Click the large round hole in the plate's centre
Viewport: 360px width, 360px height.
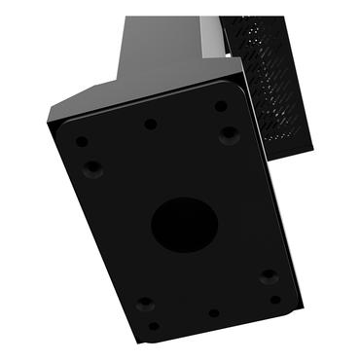pyautogui.click(x=184, y=224)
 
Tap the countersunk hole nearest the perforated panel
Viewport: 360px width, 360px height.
pyautogui.click(x=228, y=133)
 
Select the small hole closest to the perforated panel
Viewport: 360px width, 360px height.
pyautogui.click(x=222, y=106)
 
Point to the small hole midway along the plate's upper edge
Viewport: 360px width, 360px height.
pyautogui.click(x=150, y=124)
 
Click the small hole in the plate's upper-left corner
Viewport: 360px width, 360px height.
pyautogui.click(x=82, y=141)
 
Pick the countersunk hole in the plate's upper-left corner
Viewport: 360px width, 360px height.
pyautogui.click(x=92, y=168)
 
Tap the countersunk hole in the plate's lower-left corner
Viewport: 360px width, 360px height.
pyautogui.click(x=143, y=303)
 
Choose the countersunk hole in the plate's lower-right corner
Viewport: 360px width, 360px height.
pyautogui.click(x=269, y=276)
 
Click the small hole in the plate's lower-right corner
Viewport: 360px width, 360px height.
pyautogui.click(x=275, y=300)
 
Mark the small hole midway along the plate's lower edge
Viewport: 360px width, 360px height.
pyautogui.click(x=213, y=313)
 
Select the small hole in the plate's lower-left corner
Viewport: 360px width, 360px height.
pyautogui.click(x=153, y=326)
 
